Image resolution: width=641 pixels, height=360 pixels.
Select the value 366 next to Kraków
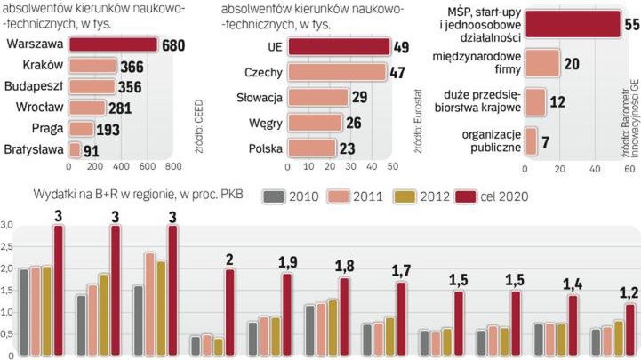[131, 66]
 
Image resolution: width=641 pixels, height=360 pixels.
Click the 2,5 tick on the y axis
[8, 247]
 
